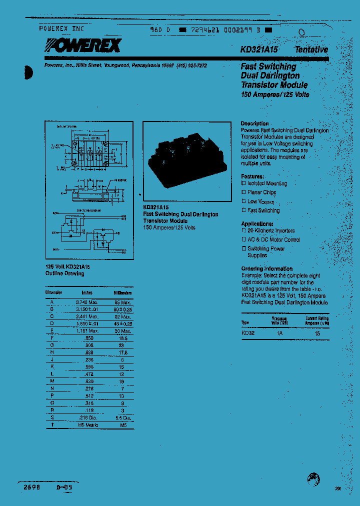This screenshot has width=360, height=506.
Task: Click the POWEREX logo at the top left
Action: [80, 46]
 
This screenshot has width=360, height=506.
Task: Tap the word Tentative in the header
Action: [311, 49]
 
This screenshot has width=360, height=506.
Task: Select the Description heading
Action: [254, 123]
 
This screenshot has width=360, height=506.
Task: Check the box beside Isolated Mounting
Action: [244, 183]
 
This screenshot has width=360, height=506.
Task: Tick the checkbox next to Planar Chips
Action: [244, 192]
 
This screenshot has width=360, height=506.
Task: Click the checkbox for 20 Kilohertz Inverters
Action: [244, 230]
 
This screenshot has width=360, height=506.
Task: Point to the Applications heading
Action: [257, 223]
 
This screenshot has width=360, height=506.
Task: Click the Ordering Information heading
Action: [266, 268]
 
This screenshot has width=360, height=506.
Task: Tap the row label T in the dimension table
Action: [52, 425]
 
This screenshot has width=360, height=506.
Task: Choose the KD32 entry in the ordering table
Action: [248, 332]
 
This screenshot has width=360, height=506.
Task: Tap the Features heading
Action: [252, 176]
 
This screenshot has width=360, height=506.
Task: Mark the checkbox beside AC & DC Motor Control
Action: [244, 239]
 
